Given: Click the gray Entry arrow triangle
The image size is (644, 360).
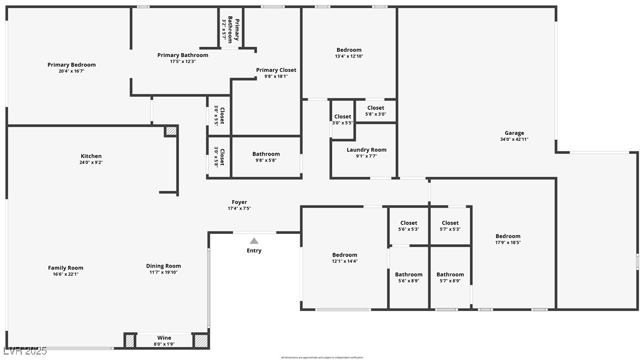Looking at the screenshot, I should (x=254, y=241).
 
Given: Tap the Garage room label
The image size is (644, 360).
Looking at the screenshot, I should (x=514, y=133).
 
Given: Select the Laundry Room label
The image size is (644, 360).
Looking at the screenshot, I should (x=366, y=150).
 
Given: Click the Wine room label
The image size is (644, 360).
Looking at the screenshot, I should (x=164, y=338).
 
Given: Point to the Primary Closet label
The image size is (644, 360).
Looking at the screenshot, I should (x=276, y=70).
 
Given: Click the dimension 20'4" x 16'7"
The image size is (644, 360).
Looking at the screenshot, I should (x=71, y=71).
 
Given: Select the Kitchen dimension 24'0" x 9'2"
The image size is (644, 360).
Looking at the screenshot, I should (x=91, y=162).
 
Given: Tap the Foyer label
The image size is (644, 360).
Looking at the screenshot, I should (x=239, y=202).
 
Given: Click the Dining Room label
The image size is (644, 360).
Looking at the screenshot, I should (x=163, y=266).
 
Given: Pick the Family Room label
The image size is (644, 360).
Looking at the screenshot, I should (x=65, y=268).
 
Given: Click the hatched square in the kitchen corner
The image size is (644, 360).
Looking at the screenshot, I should (x=171, y=131).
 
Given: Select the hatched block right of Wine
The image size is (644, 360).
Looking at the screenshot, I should (x=201, y=340).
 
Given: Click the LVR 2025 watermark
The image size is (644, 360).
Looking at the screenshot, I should (x=24, y=351).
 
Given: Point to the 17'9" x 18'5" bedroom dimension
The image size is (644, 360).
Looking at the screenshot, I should (x=508, y=243).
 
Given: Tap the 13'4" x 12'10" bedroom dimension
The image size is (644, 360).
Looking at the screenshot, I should (x=349, y=56).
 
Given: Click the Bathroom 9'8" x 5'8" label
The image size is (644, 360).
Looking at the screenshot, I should (x=266, y=154).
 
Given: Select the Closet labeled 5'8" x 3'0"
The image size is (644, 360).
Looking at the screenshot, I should (x=376, y=108).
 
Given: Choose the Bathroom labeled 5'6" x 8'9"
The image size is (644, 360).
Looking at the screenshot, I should (x=409, y=275).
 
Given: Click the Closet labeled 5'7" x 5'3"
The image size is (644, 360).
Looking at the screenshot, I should (x=450, y=223).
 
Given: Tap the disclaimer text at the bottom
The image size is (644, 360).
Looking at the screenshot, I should (x=322, y=357).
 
